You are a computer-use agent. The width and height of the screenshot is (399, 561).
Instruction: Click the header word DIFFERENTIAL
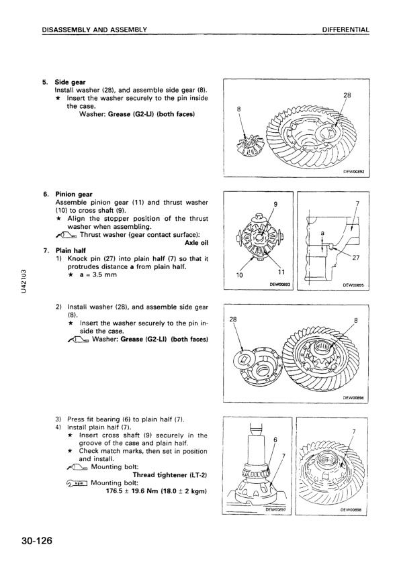tap(346, 30)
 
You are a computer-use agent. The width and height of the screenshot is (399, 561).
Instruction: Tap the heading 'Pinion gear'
tap(74, 195)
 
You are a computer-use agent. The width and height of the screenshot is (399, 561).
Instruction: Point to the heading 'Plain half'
tap(71, 250)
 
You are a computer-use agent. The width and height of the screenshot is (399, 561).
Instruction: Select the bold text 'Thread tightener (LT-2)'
tap(170, 475)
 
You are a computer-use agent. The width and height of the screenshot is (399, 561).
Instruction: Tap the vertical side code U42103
tap(24, 282)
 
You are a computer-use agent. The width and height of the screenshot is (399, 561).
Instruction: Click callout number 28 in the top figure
tap(347, 95)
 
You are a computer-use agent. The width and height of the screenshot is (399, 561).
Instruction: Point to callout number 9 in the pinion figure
tap(275, 204)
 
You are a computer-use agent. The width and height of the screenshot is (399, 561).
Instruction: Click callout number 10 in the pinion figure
tap(240, 275)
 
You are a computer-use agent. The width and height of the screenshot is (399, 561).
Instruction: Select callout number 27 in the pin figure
tap(356, 258)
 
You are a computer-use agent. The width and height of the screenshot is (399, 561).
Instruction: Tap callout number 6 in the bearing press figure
tap(275, 440)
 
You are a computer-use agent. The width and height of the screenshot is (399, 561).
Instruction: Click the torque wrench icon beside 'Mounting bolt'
tap(77, 483)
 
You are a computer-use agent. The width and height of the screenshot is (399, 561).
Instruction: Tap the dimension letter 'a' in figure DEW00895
tap(322, 234)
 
